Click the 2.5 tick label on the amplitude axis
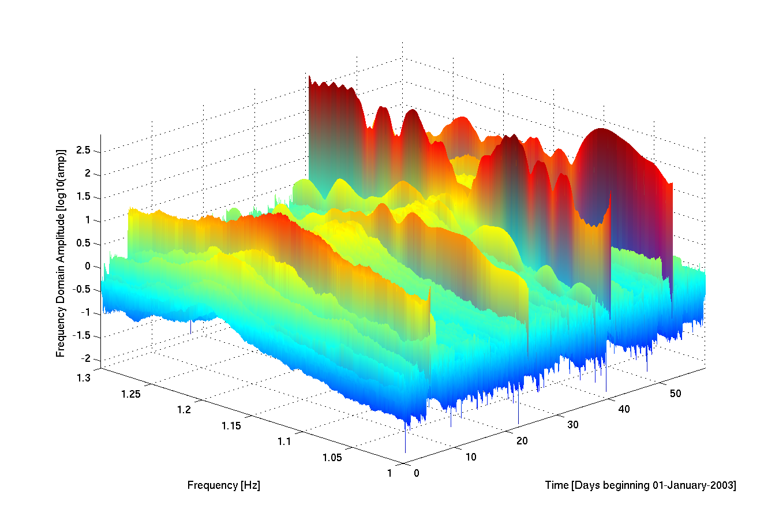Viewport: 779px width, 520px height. (84, 151)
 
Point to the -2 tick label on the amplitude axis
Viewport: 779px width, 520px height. (86, 358)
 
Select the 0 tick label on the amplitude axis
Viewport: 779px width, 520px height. (88, 266)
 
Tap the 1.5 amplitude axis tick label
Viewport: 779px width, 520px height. (84, 197)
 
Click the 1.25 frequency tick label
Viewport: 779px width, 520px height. (131, 394)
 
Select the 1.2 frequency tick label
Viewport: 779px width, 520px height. (183, 410)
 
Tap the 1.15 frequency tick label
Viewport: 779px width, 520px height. (231, 426)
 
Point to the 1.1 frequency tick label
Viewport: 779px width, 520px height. (284, 442)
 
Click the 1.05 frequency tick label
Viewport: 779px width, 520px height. (332, 458)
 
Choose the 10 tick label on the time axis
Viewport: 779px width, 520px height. (471, 457)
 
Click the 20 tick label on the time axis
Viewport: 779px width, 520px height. (522, 441)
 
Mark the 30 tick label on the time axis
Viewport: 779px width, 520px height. (573, 425)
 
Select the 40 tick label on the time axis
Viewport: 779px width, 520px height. (624, 409)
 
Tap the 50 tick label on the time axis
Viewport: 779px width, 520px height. (675, 394)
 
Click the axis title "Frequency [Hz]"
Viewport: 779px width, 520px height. (223, 485)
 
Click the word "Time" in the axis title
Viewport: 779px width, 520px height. (557, 485)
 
